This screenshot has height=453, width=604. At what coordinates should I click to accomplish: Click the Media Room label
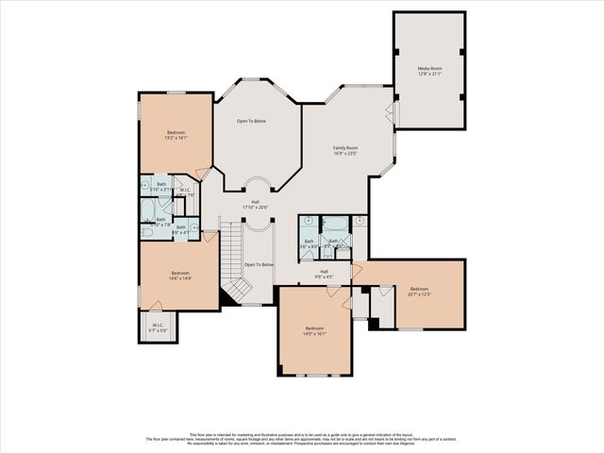[x=429, y=72]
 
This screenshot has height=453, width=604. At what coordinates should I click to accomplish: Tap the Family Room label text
[x=344, y=151]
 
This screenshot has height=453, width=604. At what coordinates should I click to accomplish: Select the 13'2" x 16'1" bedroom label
[x=176, y=135]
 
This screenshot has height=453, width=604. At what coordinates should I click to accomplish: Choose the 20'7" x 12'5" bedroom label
[x=419, y=292]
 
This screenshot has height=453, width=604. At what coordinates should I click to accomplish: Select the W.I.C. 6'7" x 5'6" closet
[x=158, y=327]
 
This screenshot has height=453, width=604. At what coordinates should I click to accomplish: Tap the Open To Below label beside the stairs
[x=259, y=265]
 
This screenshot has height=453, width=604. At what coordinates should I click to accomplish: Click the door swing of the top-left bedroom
[x=203, y=173]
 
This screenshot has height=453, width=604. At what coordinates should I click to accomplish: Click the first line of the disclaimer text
[x=302, y=433]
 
